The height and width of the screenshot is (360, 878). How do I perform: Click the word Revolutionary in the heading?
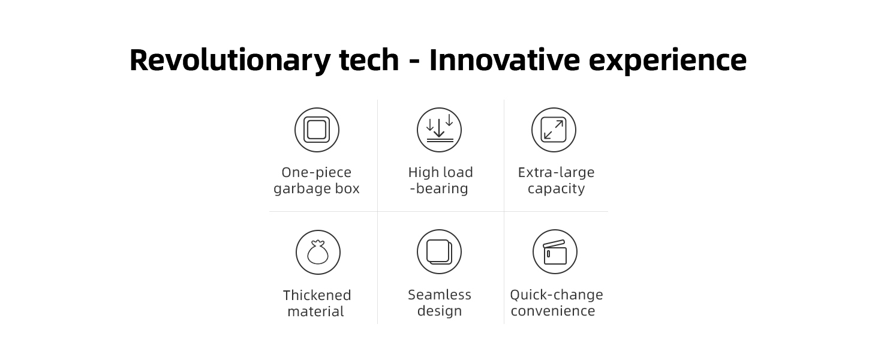[230, 61]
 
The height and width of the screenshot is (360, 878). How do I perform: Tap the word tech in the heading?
[369, 59]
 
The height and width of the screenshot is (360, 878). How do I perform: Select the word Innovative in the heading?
[504, 59]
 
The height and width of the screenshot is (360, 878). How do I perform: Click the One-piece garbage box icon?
[317, 130]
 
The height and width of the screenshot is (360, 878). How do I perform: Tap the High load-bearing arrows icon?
[440, 130]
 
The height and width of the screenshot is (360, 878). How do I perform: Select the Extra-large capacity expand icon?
[554, 130]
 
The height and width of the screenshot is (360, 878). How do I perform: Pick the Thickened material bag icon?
[318, 252]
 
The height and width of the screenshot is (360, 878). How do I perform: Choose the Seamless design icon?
[440, 252]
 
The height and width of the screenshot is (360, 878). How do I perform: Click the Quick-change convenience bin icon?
[555, 252]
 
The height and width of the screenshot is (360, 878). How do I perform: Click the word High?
[423, 173]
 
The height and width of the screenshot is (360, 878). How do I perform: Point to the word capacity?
[556, 189]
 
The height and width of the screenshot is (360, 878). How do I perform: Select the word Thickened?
[317, 295]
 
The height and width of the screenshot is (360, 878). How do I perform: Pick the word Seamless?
[440, 295]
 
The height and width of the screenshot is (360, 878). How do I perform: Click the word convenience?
[553, 311]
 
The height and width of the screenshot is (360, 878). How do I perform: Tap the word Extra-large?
[556, 173]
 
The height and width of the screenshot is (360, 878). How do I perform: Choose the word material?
[315, 311]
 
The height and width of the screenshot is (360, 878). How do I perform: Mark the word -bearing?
[439, 188]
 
